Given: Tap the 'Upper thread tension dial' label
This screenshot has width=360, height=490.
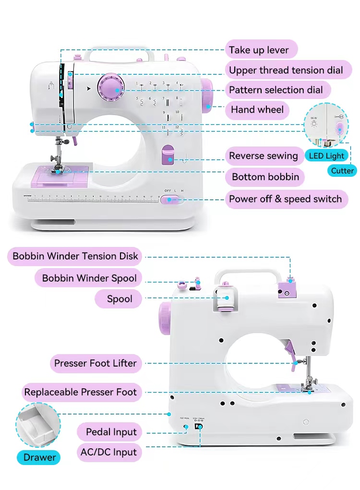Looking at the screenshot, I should click(286, 70).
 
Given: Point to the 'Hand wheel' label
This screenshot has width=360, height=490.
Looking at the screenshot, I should click(257, 110).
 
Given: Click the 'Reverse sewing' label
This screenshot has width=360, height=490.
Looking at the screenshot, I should click(264, 156).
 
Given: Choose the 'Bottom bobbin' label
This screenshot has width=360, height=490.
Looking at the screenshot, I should click(265, 177).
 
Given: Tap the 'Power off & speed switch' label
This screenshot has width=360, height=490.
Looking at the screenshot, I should click(285, 199).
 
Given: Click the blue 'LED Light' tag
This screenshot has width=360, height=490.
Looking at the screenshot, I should click(326, 156).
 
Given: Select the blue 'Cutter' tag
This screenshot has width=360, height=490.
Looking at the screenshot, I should click(342, 171).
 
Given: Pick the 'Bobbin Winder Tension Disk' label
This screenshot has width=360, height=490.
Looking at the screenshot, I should click(75, 256).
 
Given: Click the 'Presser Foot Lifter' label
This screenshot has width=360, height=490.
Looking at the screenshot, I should click(95, 363).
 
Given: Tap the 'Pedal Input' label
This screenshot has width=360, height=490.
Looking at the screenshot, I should click(111, 432).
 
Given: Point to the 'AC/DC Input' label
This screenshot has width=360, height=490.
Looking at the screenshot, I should click(108, 452).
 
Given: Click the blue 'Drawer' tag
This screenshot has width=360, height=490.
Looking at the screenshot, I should click(40, 457).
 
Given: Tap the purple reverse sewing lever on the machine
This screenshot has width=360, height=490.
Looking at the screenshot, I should click(168, 155).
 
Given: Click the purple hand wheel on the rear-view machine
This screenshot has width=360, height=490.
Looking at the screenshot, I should click(165, 318).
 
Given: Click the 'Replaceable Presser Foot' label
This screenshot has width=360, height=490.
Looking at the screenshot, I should click(81, 392).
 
